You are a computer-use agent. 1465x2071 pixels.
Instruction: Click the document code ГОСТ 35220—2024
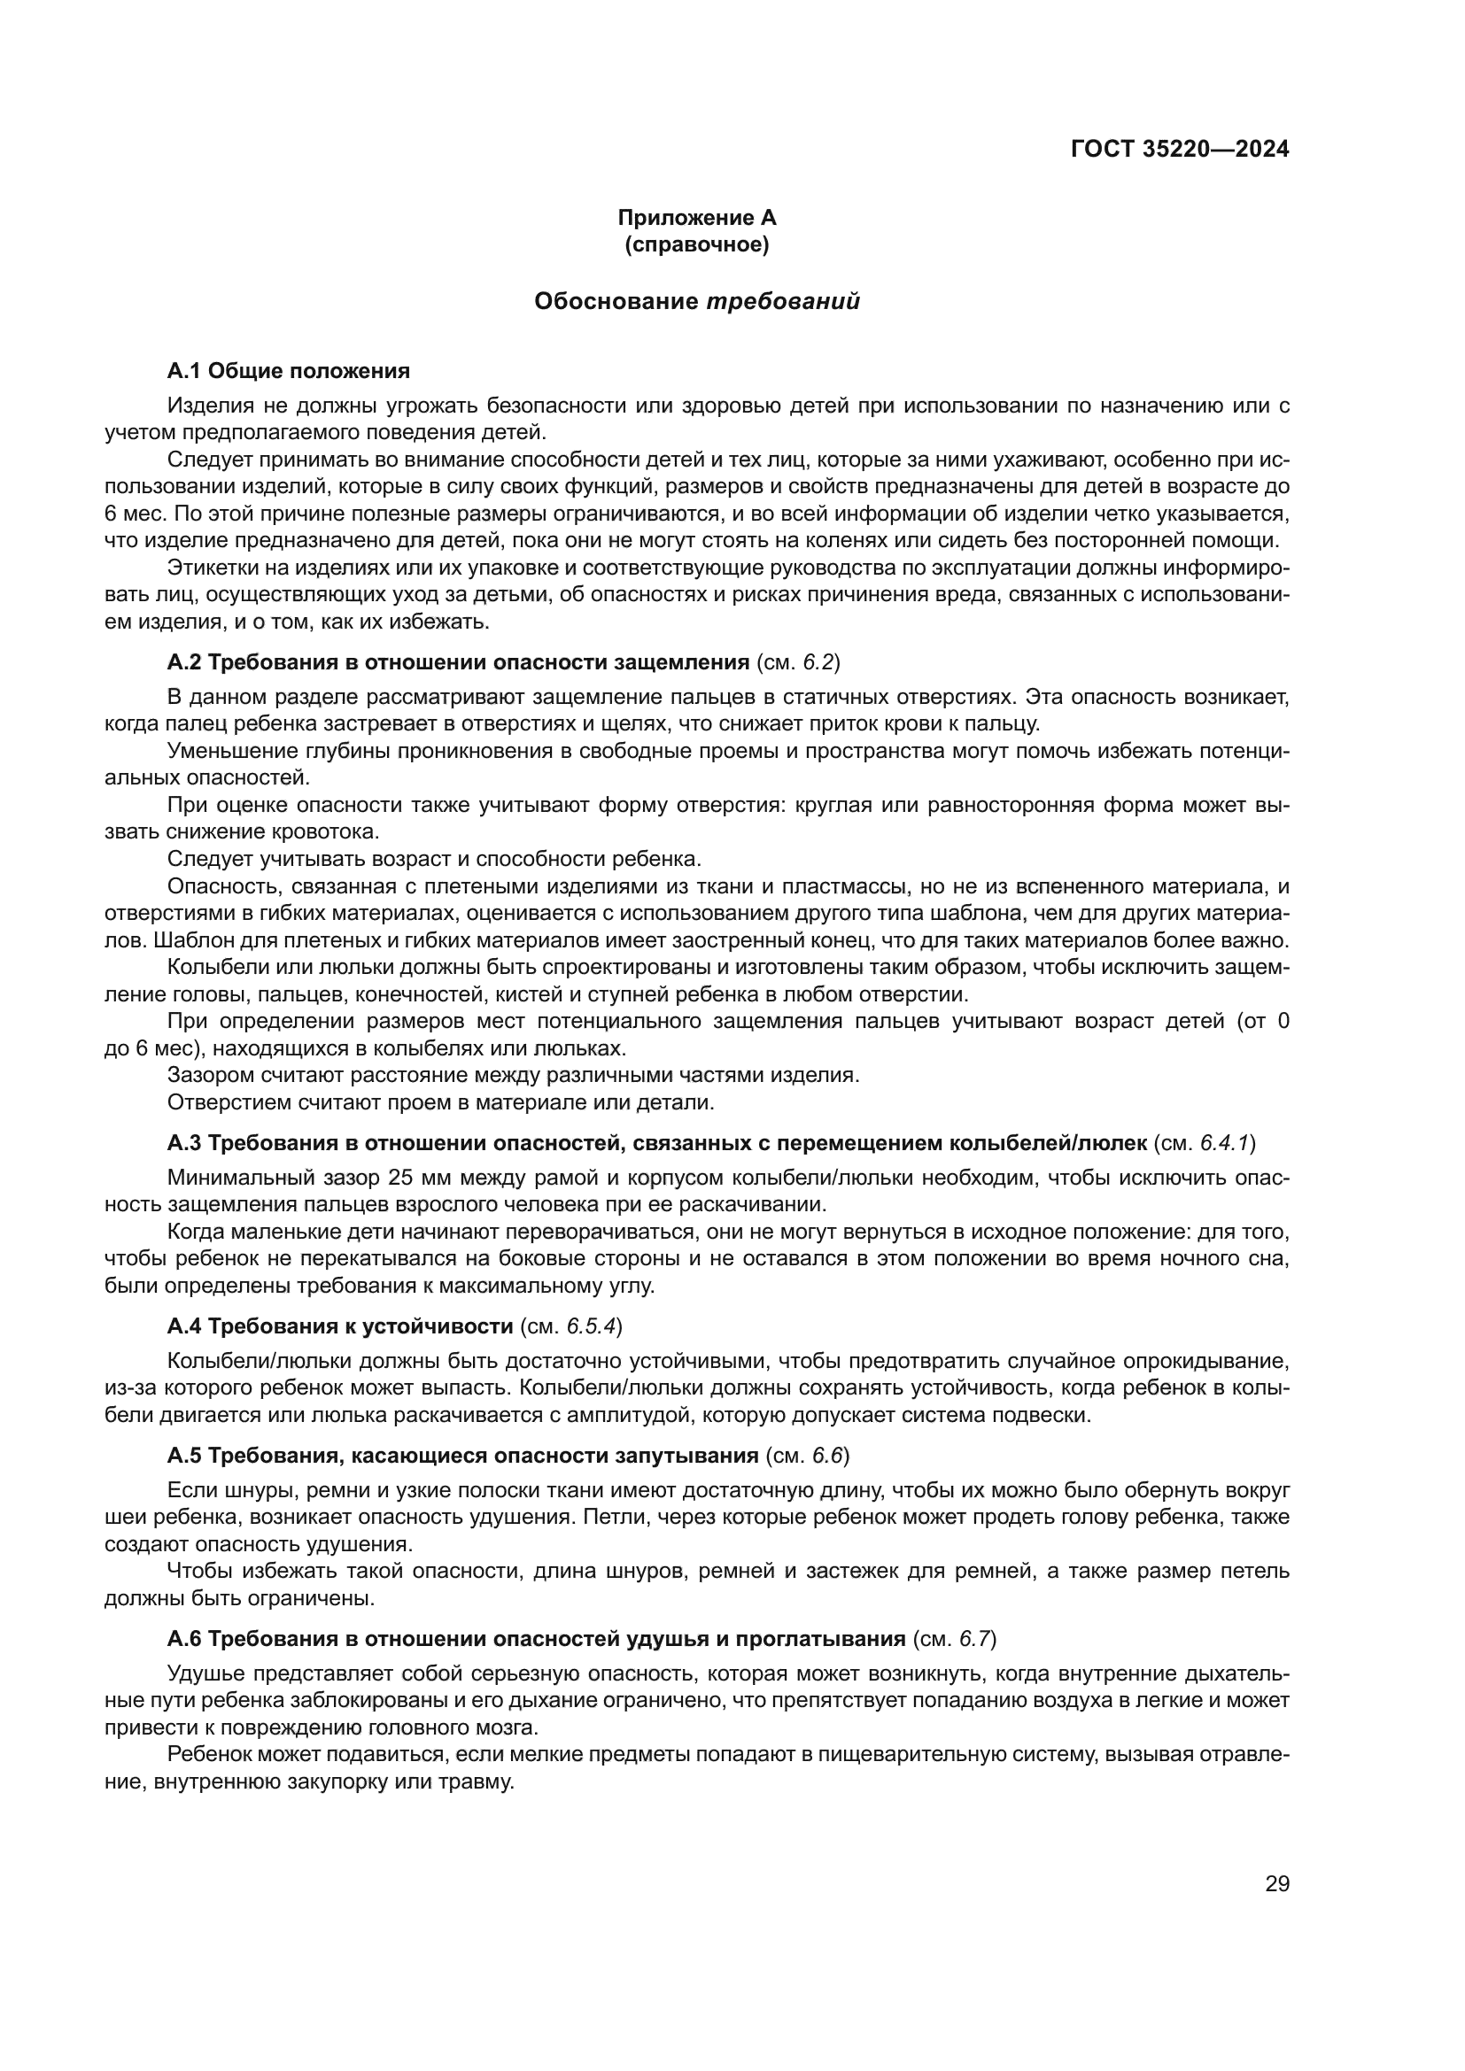pyautogui.click(x=1179, y=149)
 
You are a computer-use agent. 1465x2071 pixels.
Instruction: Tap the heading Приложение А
pyautogui.click(x=696, y=218)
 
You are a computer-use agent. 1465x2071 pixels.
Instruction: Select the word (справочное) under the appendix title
pyautogui.click(x=696, y=244)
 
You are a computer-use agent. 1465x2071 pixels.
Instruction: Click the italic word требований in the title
pyautogui.click(x=782, y=301)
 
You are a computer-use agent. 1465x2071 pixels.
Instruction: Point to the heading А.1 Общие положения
pyautogui.click(x=288, y=371)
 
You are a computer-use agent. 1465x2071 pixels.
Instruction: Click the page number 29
pyautogui.click(x=1277, y=1883)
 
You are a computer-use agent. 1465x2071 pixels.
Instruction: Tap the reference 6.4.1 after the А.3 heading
pyautogui.click(x=1223, y=1143)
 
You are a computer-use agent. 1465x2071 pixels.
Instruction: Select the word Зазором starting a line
pyautogui.click(x=208, y=1075)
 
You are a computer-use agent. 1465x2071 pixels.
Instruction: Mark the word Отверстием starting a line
pyautogui.click(x=219, y=1102)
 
